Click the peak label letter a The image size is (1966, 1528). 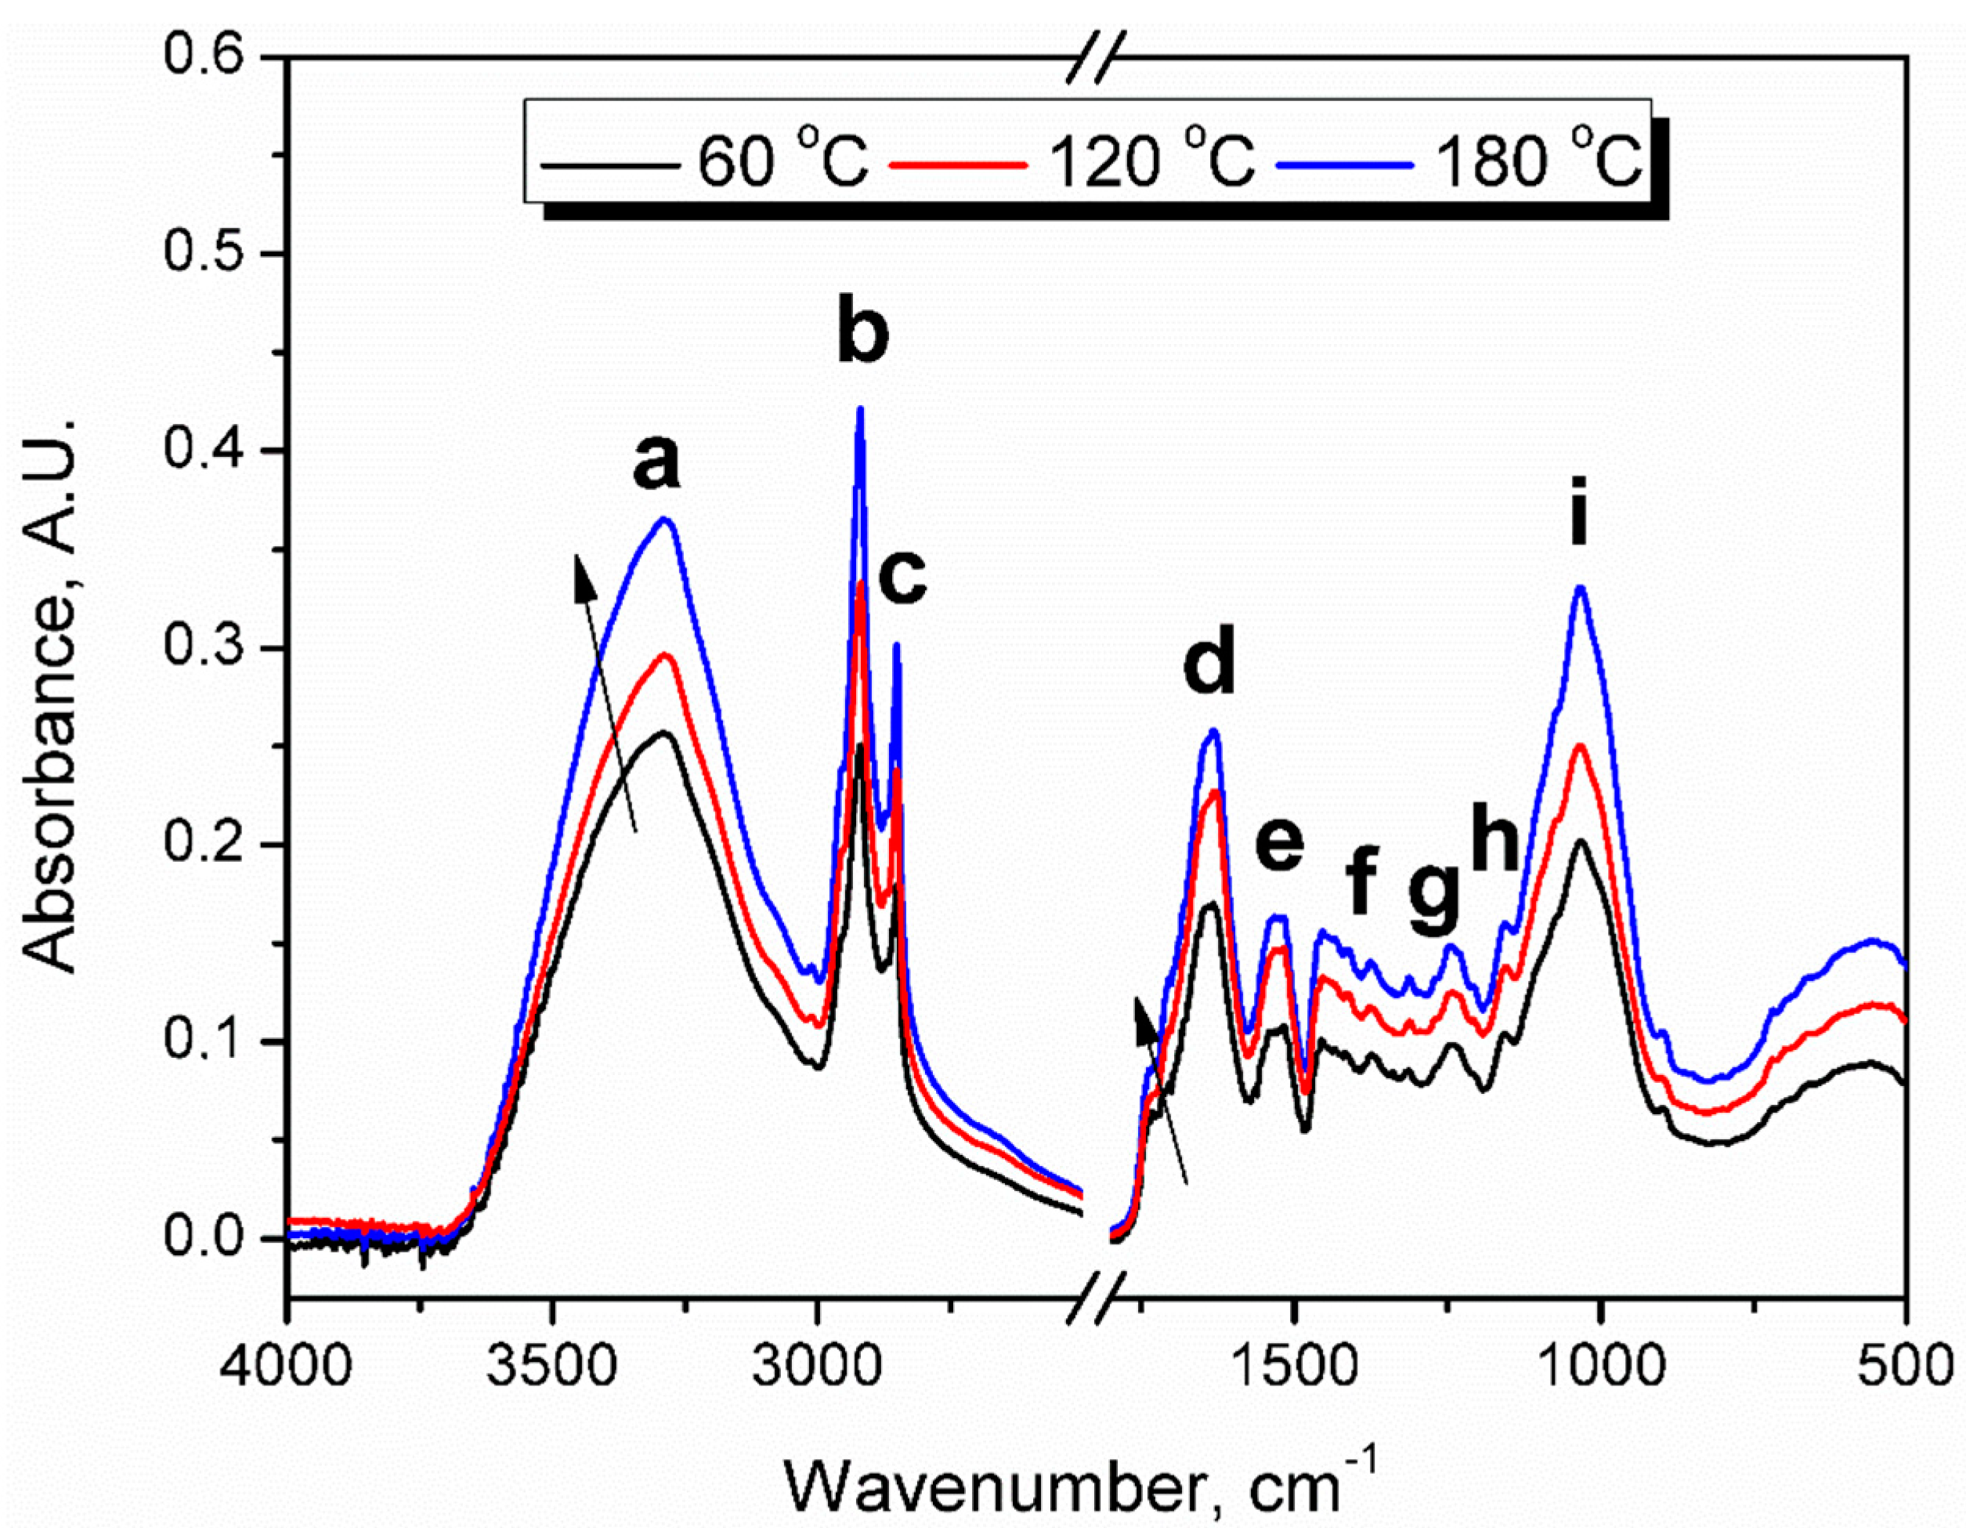click(x=656, y=465)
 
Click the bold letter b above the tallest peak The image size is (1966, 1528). click(x=862, y=332)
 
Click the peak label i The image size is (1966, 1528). click(x=1578, y=520)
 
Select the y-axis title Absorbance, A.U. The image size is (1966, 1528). click(x=52, y=693)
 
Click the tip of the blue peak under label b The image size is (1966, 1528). click(x=860, y=410)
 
